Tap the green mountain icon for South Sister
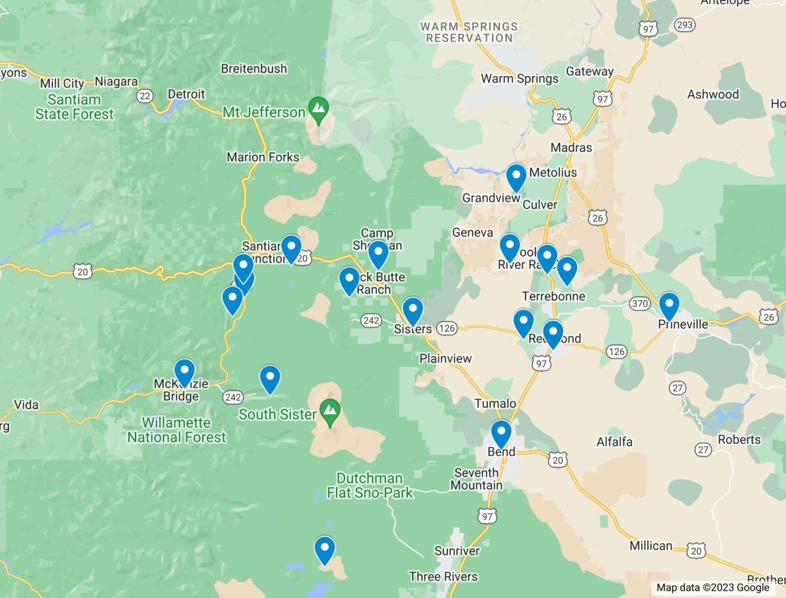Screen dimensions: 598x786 point(331,411)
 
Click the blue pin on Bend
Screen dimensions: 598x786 point(501,433)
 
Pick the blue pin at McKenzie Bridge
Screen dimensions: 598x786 point(184,372)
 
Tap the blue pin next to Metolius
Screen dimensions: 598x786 point(516,177)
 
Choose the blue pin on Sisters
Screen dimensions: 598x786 point(413,310)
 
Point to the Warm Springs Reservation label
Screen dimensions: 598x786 point(469,32)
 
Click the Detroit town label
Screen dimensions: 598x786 point(186,94)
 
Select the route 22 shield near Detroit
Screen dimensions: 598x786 point(145,96)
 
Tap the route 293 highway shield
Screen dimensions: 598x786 point(685,25)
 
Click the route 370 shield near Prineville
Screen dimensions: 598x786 point(639,304)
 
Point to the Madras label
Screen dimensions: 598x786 point(571,148)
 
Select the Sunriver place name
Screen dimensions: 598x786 point(457,551)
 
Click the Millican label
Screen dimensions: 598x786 point(651,546)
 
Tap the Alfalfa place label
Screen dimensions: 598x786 point(614,442)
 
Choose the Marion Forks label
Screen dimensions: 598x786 point(263,157)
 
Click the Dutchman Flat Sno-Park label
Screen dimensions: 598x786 point(370,485)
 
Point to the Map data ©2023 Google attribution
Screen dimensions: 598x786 point(713,588)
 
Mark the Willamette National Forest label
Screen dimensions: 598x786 point(177,430)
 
